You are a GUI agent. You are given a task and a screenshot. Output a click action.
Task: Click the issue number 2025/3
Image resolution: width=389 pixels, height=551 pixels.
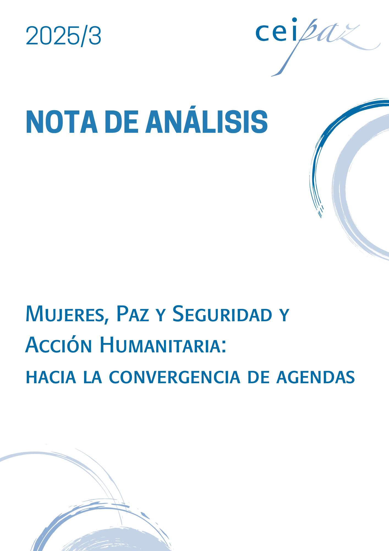tap(64, 36)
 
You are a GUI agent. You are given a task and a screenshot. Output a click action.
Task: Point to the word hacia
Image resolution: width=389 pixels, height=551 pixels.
tap(51, 377)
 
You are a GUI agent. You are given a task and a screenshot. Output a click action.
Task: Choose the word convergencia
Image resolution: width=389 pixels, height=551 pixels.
tap(175, 377)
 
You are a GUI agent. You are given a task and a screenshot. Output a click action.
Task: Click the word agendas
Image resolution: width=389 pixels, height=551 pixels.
tap(316, 377)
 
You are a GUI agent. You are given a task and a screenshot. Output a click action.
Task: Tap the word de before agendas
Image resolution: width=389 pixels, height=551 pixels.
tap(258, 377)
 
